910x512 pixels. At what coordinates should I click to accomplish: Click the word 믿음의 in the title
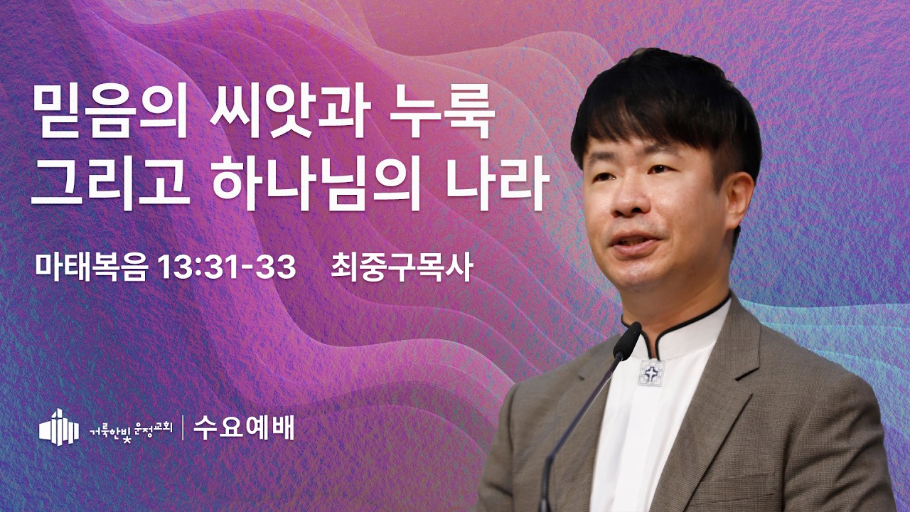pos(109,111)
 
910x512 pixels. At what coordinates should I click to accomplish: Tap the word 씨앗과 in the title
pos(289,111)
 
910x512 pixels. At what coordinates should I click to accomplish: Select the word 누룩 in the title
pos(442,111)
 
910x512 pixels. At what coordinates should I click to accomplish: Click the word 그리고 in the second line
pos(111,183)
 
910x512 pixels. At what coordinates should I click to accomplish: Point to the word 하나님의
pos(316,183)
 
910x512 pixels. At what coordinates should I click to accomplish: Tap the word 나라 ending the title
pos(497,183)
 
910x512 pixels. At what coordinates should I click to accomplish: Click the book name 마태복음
pos(90,267)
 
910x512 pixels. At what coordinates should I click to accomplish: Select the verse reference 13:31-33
pos(227,267)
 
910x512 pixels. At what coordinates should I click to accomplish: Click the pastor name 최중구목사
pos(402,267)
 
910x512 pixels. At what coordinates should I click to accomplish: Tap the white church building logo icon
pos(59,427)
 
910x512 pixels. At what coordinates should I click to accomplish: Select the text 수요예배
pos(244,428)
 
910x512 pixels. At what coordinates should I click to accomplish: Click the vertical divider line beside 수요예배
pos(183,428)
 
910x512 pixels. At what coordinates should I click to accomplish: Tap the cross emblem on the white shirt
pos(651,373)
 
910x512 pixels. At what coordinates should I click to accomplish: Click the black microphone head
pos(627,341)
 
